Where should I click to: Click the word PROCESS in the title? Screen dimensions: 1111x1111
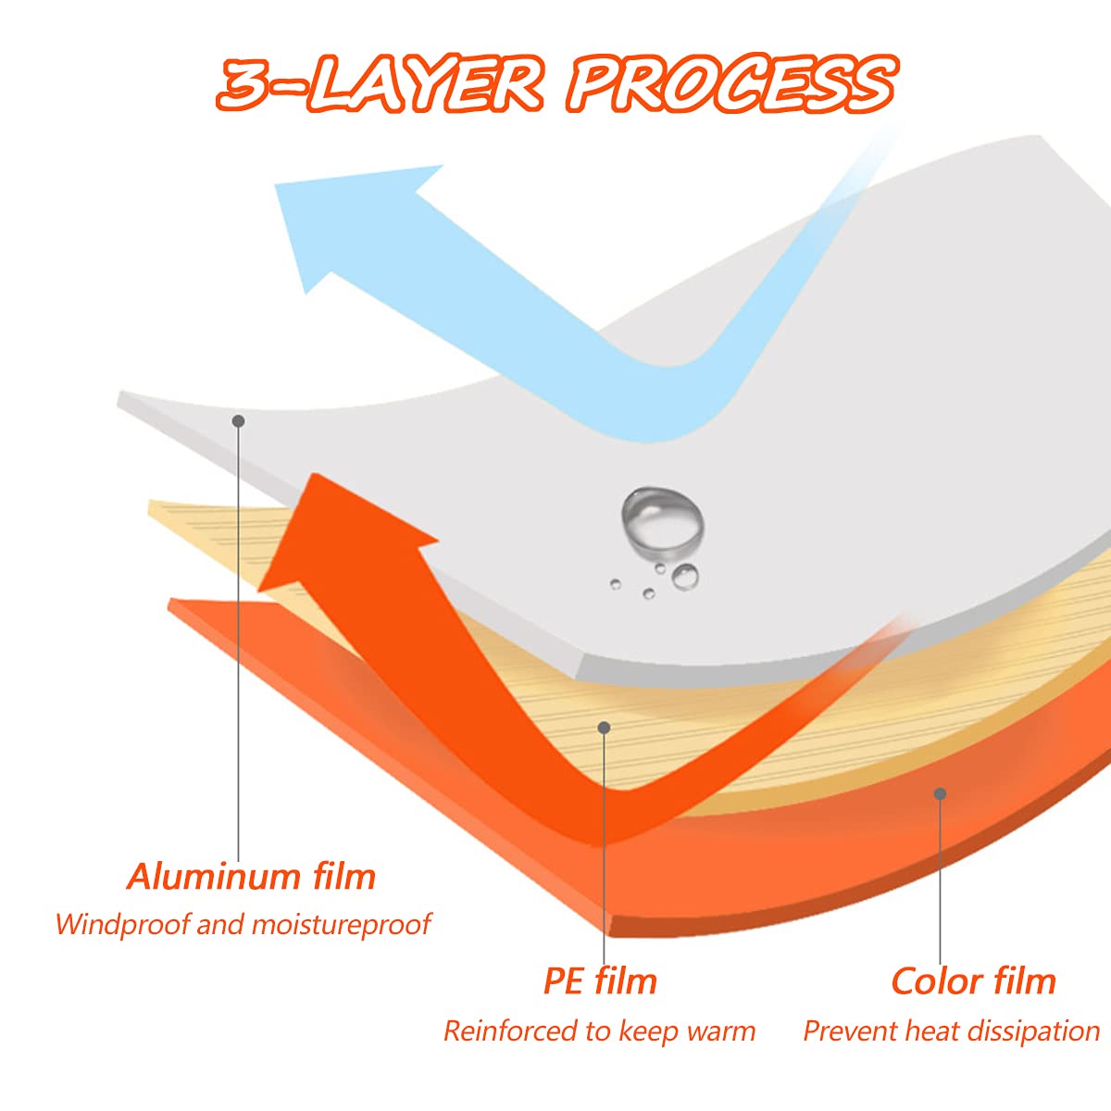[731, 83]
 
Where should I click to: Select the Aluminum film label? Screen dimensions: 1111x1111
[252, 878]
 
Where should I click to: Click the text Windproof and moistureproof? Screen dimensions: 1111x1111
[243, 924]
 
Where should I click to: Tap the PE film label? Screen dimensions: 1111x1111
[600, 981]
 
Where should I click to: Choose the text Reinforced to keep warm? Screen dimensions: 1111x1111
[599, 1031]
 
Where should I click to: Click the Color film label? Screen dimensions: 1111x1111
[973, 981]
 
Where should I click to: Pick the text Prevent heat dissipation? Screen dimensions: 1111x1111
[952, 1031]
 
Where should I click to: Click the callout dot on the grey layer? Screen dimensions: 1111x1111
[238, 421]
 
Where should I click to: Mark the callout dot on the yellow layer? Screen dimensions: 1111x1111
[604, 729]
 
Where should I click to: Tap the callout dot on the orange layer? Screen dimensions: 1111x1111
[940, 793]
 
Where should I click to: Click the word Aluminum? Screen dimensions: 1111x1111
[214, 878]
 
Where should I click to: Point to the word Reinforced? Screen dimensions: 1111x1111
[509, 1031]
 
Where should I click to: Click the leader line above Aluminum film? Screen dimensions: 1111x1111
[238, 641]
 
